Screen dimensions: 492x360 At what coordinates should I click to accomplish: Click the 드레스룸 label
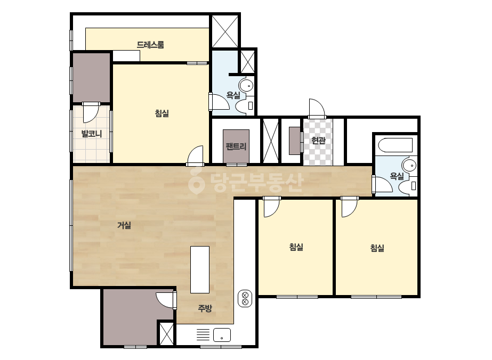150,45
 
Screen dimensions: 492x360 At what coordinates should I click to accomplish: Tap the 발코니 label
92,134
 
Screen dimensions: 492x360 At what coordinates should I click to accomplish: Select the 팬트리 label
236,146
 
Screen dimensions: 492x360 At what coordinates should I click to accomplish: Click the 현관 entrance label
318,141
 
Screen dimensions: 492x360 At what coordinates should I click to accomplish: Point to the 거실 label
124,225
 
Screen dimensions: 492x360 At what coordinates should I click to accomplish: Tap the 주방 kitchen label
205,308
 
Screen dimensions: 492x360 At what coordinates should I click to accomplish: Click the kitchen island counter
200,269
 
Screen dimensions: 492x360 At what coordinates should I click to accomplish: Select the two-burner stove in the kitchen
245,299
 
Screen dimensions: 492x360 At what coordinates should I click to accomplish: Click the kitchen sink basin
222,335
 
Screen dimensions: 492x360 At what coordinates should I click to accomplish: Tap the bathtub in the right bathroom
396,145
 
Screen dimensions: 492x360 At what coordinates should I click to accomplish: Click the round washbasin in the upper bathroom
246,85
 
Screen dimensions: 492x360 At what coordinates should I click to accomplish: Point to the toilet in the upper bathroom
245,106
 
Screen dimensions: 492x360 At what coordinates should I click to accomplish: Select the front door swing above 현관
316,109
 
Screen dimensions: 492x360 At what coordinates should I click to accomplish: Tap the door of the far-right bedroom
349,207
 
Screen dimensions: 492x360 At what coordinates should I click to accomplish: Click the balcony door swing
91,112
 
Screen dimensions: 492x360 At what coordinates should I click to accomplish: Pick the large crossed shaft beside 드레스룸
225,31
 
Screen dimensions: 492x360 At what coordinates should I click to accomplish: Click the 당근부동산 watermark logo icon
197,181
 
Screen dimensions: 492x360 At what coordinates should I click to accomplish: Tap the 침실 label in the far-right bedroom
377,248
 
